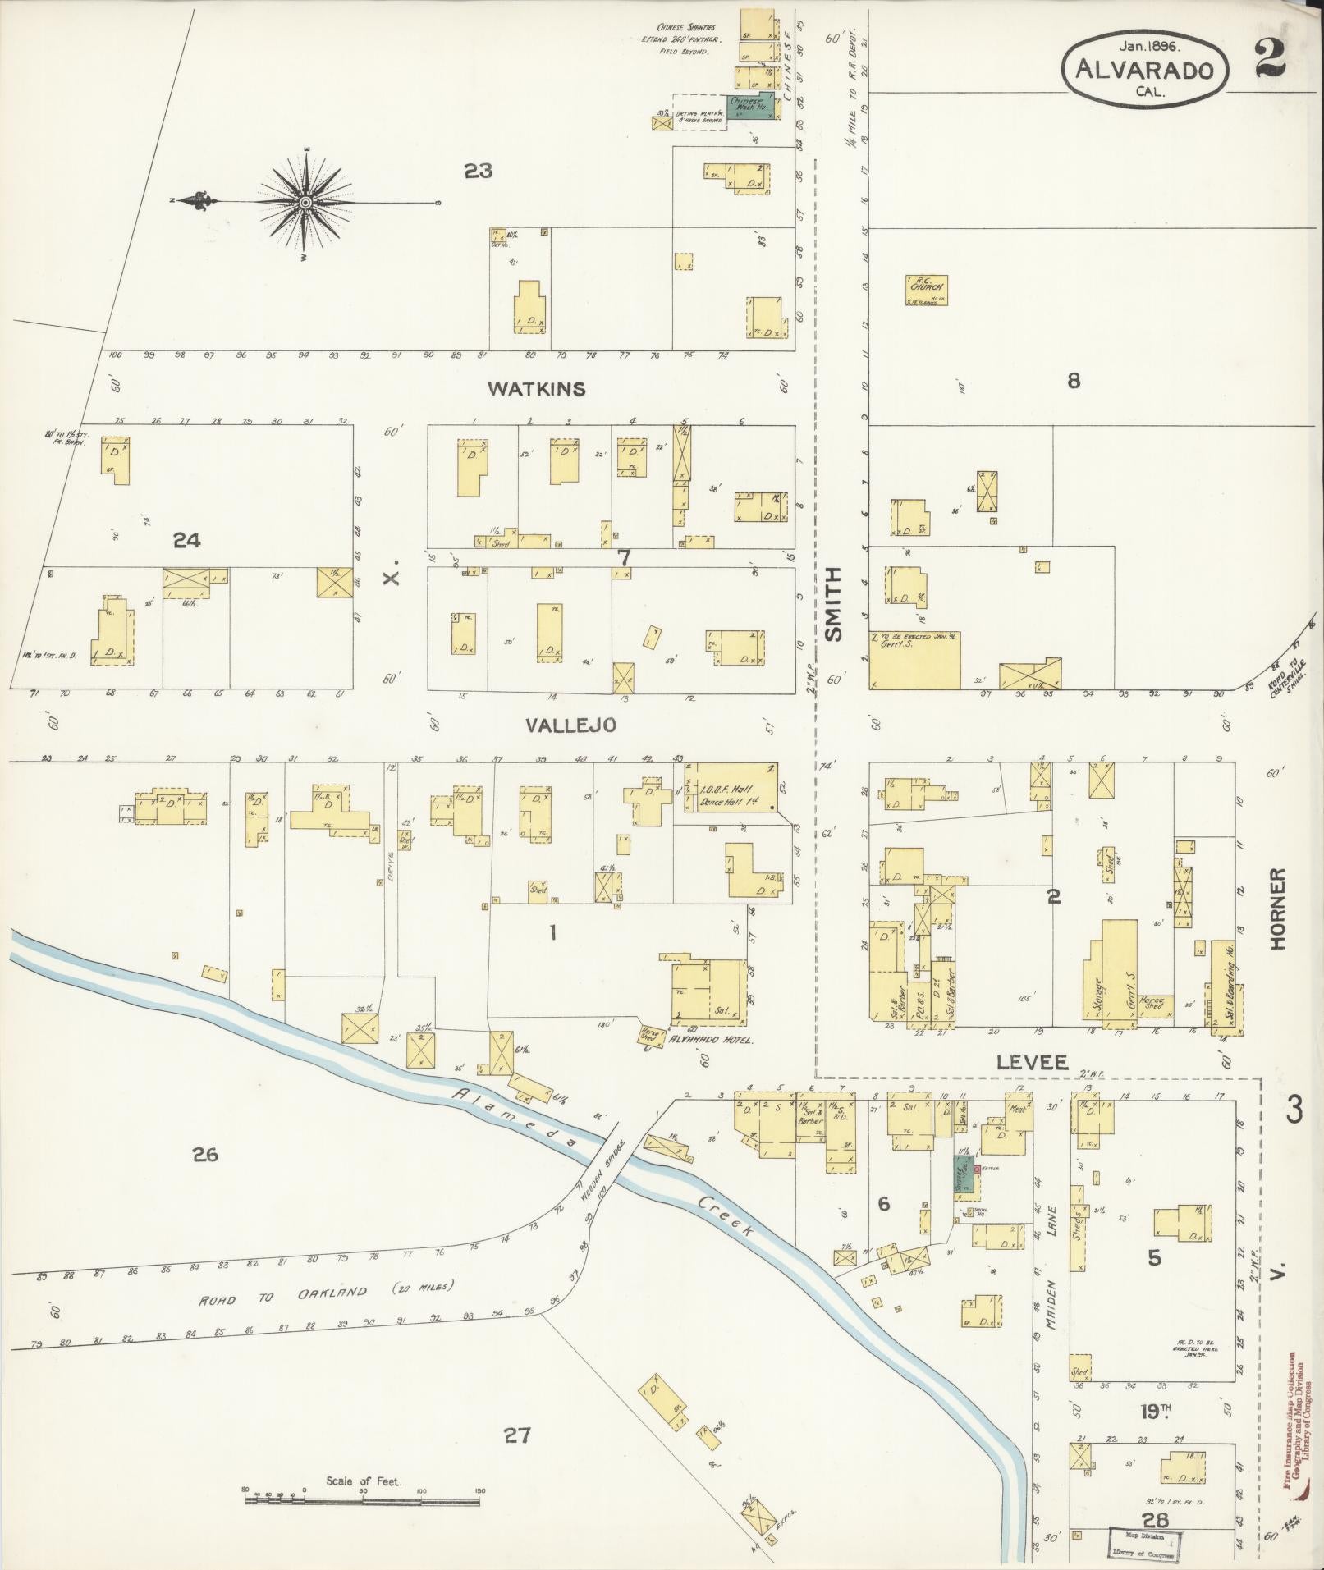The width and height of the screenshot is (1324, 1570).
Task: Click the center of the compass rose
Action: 305,202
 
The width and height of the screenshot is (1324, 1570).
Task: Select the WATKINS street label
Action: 537,389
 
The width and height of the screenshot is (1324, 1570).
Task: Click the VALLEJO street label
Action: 570,725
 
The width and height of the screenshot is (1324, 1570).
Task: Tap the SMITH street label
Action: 833,604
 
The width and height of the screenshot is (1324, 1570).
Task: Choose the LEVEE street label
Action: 1032,1063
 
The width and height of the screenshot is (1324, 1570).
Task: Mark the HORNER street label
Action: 1277,910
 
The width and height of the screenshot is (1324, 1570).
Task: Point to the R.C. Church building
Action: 928,286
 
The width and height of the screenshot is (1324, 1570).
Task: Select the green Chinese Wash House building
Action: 749,107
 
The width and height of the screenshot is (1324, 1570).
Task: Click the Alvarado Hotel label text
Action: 718,1040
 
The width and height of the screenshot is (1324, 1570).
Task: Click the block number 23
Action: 478,172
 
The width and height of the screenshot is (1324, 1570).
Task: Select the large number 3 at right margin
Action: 1294,1112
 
